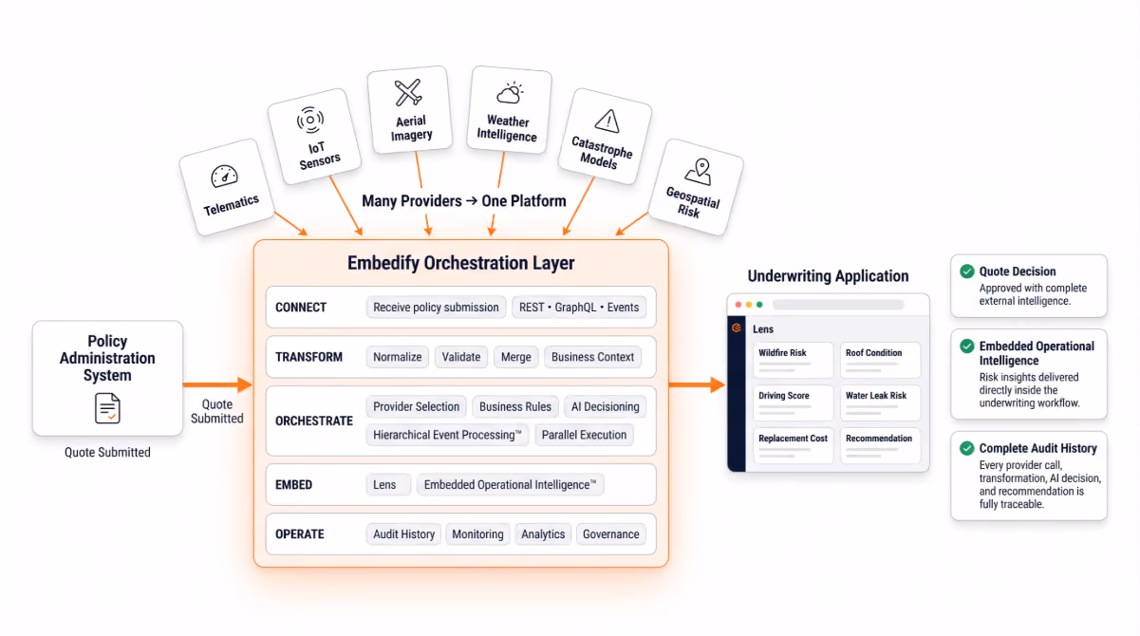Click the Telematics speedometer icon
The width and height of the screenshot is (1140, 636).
point(224,176)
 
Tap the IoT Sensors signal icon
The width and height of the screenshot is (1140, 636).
point(310,120)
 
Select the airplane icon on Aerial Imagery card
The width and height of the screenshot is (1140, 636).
point(408,92)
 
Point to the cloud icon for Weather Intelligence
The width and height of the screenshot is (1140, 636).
point(510,93)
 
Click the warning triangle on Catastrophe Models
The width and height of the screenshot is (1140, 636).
point(607,122)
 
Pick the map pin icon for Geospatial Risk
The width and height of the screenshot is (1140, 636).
point(700,172)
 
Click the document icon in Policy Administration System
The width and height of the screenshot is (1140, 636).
point(107,408)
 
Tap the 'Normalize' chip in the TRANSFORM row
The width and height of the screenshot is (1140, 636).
point(398,357)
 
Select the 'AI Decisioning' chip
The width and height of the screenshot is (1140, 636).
point(605,406)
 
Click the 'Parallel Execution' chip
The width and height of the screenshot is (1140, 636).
point(584,435)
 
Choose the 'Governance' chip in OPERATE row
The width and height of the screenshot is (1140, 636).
point(610,534)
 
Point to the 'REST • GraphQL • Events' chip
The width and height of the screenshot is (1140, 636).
point(579,308)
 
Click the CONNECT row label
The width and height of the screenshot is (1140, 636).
point(301,308)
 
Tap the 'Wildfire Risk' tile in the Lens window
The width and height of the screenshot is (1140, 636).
point(793,360)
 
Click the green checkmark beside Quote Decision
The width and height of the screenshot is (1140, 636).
point(967,271)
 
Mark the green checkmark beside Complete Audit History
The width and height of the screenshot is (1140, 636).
point(967,448)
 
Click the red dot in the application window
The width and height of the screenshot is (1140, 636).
point(738,305)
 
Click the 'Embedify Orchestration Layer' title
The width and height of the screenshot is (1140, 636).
point(461,263)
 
